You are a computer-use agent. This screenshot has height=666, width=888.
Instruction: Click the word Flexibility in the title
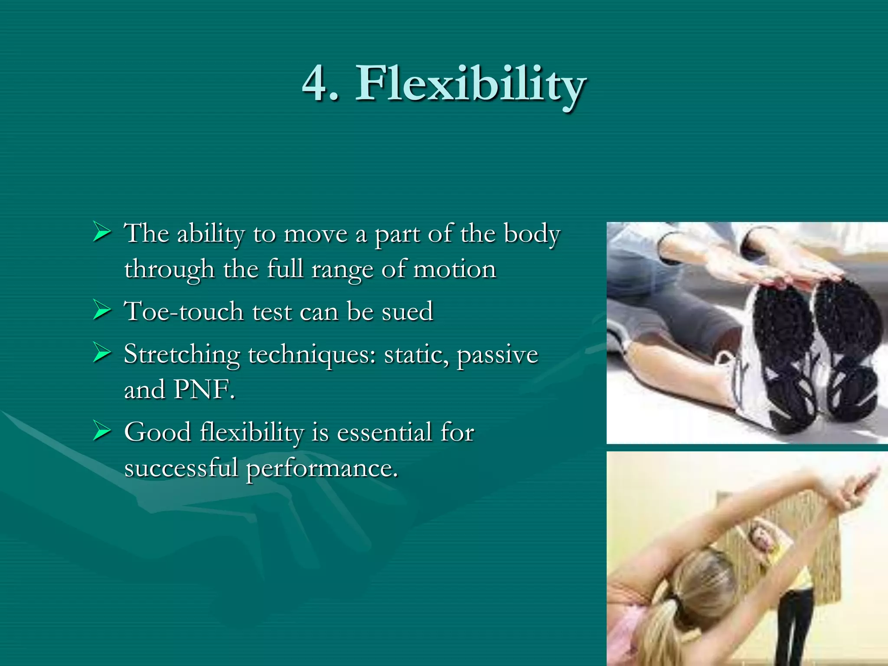(x=470, y=84)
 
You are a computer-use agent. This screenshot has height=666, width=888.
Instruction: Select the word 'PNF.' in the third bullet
(x=204, y=389)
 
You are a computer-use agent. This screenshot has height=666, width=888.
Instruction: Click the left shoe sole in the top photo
(x=785, y=356)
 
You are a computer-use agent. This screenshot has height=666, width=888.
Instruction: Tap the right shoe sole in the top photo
(x=850, y=347)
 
